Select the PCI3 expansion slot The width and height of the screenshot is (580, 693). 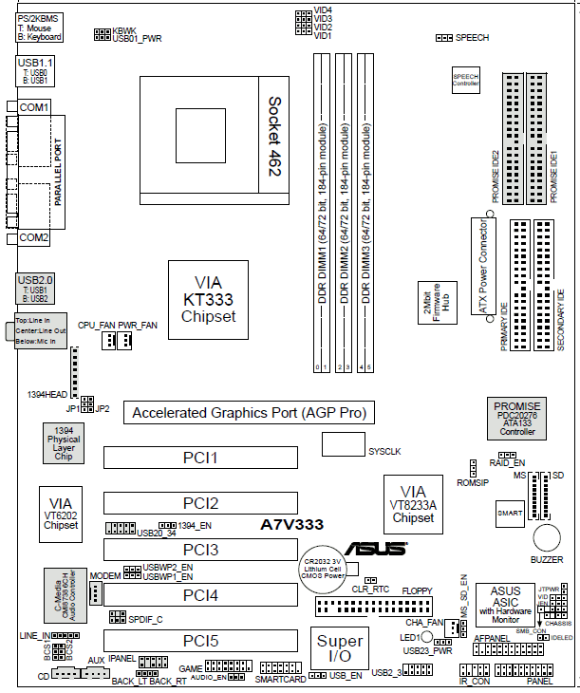pyautogui.click(x=200, y=550)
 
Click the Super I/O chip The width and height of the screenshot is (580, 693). pyautogui.click(x=340, y=649)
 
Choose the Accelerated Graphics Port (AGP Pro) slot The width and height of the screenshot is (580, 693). pyautogui.click(x=249, y=413)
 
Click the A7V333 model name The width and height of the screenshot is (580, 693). pyautogui.click(x=292, y=524)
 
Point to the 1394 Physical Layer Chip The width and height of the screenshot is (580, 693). pyautogui.click(x=64, y=443)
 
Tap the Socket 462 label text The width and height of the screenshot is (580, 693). pyautogui.click(x=275, y=136)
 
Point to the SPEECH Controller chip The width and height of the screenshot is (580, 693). pyautogui.click(x=465, y=80)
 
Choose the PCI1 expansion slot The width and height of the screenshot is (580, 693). pyautogui.click(x=200, y=459)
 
